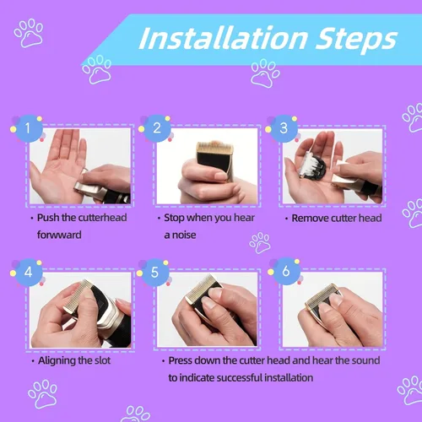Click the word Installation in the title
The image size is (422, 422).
224,38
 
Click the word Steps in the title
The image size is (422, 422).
356,40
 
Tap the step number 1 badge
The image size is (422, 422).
28,128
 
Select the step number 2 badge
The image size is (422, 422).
157,128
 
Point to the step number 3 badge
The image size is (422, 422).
284,128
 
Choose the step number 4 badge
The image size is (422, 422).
28,273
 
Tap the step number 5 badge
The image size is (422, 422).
154,273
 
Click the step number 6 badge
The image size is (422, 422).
286,272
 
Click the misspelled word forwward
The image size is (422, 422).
59,235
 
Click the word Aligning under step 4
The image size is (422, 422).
57,361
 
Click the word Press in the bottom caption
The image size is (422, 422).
180,360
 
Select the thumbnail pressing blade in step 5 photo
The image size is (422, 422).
208,303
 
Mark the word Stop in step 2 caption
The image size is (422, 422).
174,218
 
